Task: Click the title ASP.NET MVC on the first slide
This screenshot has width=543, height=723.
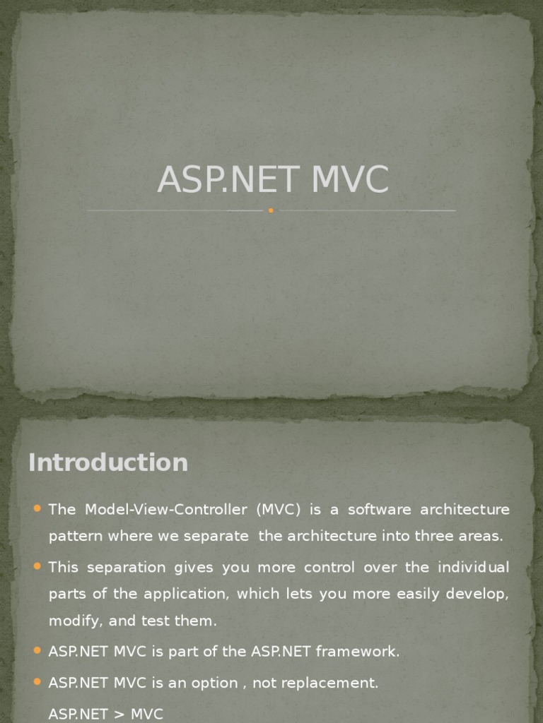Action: click(273, 180)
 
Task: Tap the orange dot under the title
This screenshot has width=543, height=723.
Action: click(271, 210)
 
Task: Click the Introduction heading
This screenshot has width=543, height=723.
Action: click(108, 462)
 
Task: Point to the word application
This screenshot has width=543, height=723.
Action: click(185, 594)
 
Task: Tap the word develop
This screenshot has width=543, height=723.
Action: click(482, 594)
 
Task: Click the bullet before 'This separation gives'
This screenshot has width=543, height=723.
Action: click(37, 567)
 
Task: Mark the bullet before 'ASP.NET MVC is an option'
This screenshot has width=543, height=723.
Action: click(37, 682)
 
